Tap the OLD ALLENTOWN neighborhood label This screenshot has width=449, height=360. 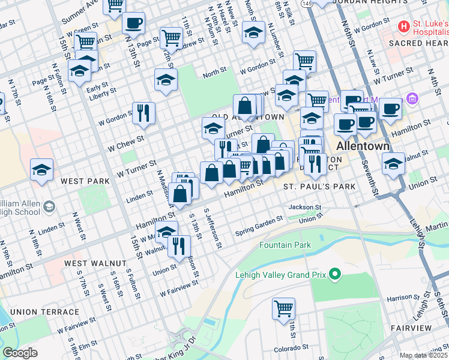pos(247,117)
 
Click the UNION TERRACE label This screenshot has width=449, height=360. pos(44,312)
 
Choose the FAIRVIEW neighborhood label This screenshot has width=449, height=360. pos(411,328)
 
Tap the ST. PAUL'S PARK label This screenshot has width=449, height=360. pos(319,187)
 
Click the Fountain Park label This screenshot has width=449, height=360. pos(285,245)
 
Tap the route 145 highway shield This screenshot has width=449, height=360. pos(307,4)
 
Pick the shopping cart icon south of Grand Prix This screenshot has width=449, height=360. pos(283,308)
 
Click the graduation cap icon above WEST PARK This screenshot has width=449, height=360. pos(41,170)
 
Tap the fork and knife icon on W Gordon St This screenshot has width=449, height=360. pos(143,112)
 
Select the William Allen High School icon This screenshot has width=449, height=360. pos(47,207)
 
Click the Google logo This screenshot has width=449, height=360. pos(20,353)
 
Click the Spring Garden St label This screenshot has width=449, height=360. pos(258,226)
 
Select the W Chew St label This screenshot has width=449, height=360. pos(126,143)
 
